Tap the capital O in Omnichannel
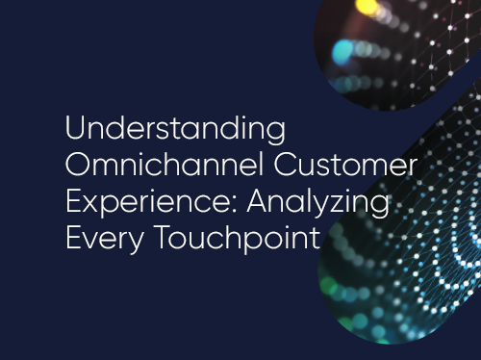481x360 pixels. [78, 165]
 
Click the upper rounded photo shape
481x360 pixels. [394, 43]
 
